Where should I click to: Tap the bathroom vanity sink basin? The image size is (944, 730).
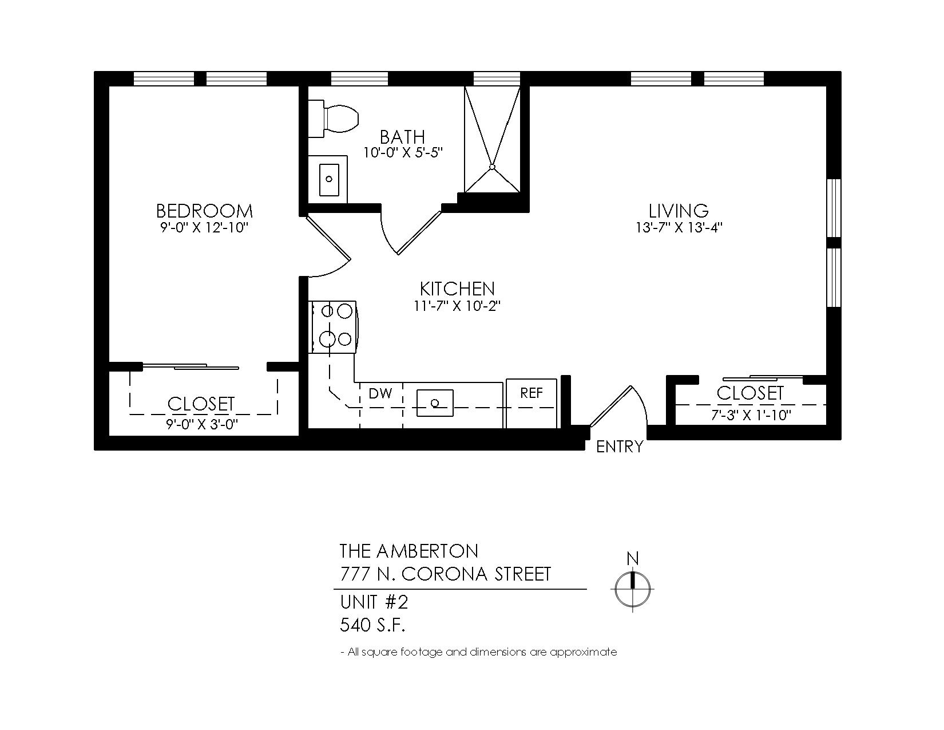[329, 179]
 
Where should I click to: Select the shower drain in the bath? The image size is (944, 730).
[492, 167]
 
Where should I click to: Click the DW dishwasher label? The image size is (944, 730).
[380, 393]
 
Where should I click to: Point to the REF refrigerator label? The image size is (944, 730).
[532, 393]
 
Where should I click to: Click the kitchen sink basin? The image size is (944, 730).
[435, 403]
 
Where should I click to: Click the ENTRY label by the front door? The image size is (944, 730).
[620, 447]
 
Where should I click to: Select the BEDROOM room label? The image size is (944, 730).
[204, 211]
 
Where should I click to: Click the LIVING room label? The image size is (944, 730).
[679, 211]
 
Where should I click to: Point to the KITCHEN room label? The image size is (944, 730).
[457, 289]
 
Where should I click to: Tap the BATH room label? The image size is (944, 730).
[402, 137]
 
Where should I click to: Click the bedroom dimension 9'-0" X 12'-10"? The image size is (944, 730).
[204, 228]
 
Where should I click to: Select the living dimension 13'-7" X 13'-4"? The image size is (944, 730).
[679, 228]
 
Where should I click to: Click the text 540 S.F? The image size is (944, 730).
[372, 625]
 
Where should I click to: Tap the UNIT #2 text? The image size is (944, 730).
[374, 602]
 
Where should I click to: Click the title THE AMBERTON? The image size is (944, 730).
[409, 551]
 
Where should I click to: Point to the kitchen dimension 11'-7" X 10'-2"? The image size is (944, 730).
[457, 306]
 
